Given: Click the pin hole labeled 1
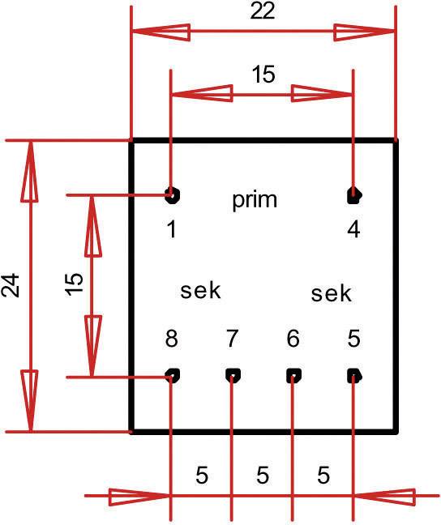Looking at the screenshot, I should pyautogui.click(x=172, y=194).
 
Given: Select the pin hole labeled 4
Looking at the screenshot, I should pyautogui.click(x=353, y=194).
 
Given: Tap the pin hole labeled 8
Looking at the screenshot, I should pyautogui.click(x=172, y=375).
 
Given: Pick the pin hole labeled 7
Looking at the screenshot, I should pyautogui.click(x=233, y=375).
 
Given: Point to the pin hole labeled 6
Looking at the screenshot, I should pyautogui.click(x=293, y=375).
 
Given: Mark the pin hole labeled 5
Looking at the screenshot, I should pyautogui.click(x=353, y=375).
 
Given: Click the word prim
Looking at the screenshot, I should pyautogui.click(x=254, y=200).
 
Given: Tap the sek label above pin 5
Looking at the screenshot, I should pyautogui.click(x=332, y=293).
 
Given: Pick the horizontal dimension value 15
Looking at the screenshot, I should pyautogui.click(x=263, y=75).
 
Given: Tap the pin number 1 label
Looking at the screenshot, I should pyautogui.click(x=172, y=230).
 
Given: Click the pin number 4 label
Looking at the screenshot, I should pyautogui.click(x=353, y=230).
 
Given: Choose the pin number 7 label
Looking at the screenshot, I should pyautogui.click(x=233, y=339).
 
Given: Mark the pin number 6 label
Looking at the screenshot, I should pyautogui.click(x=293, y=339).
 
